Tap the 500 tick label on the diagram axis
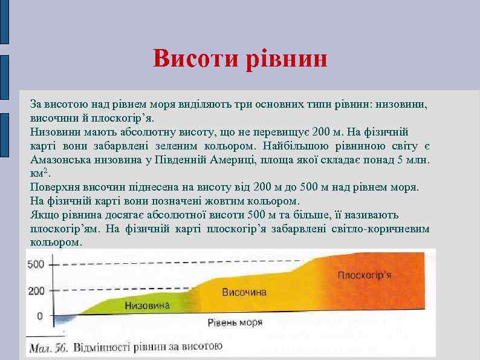point(36,264)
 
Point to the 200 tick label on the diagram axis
point(36,291)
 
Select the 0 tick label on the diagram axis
point(40,316)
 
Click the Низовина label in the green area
point(148,306)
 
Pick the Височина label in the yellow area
point(244,292)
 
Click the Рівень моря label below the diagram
point(235,322)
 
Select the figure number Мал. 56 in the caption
point(49,348)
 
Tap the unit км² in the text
point(38,173)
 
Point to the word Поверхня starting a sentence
point(53,187)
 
